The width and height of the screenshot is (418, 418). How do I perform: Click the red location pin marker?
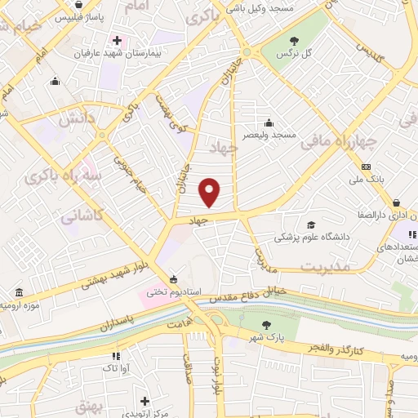pyautogui.click(x=211, y=192)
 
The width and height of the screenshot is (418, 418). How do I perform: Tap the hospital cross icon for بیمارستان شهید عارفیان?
pyautogui.click(x=118, y=40)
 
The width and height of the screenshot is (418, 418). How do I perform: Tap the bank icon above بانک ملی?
pyautogui.click(x=365, y=167)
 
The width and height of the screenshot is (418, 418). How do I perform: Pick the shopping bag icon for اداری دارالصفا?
pyautogui.click(x=395, y=203)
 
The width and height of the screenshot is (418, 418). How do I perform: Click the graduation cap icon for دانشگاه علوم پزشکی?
pyautogui.click(x=310, y=225)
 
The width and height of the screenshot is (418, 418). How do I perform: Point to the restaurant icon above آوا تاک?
pyautogui.click(x=116, y=356)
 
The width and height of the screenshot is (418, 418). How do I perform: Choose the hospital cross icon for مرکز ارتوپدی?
pyautogui.click(x=145, y=401)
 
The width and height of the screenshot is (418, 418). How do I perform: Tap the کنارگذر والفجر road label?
pyautogui.click(x=336, y=348)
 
